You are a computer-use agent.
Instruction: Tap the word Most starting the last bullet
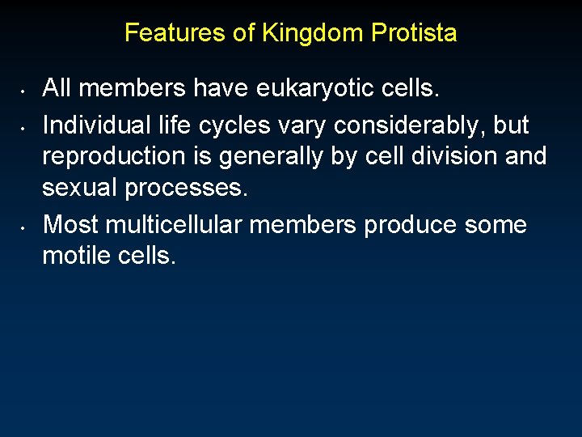pos(69,224)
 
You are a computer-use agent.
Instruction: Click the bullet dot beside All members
pos(25,87)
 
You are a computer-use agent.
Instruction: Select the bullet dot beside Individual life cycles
pos(25,126)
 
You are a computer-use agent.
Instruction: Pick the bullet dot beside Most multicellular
pos(25,224)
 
